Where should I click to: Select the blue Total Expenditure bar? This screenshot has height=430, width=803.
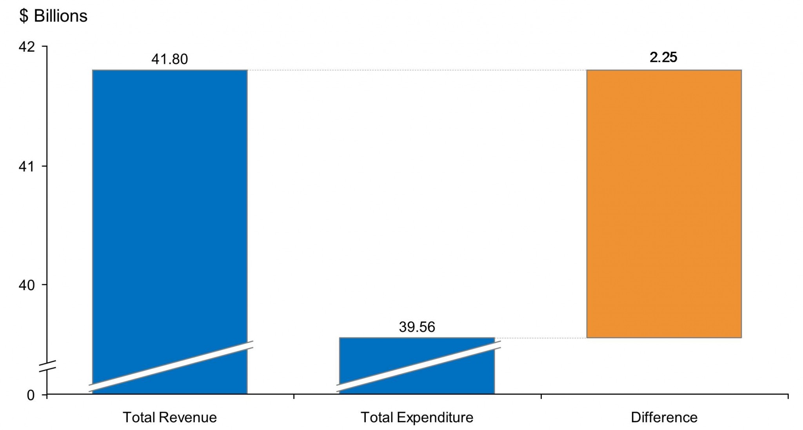tap(416, 357)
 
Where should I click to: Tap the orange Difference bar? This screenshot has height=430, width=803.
tap(664, 204)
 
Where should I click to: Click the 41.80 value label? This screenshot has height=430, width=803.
tap(169, 59)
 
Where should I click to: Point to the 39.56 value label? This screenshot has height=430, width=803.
tap(417, 327)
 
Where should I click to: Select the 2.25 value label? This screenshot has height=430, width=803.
tap(663, 57)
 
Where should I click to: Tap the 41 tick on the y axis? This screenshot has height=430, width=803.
tap(27, 167)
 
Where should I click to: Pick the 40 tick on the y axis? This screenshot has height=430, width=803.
tap(27, 285)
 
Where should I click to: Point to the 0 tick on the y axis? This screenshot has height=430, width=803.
tap(31, 395)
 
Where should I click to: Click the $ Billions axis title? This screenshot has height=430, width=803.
tap(53, 16)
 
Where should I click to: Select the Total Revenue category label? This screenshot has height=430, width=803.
tap(169, 417)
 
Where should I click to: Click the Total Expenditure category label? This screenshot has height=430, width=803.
tap(417, 417)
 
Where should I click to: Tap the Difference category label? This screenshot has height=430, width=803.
tap(664, 417)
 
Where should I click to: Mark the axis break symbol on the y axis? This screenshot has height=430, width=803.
tap(47, 365)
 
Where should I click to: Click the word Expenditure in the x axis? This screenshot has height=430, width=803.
tap(435, 417)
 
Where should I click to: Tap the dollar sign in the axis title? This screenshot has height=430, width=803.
tap(24, 16)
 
